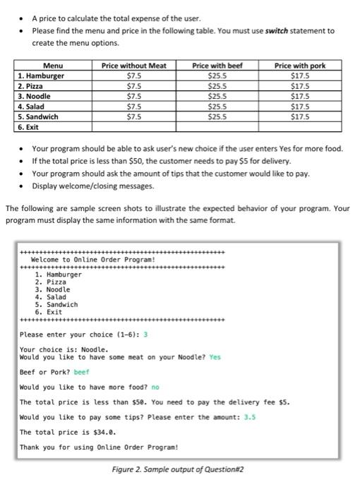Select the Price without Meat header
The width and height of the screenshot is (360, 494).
click(134, 66)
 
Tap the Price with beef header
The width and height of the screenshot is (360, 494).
click(217, 66)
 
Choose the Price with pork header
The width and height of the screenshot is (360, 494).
click(300, 66)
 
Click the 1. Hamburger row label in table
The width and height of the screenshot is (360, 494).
click(41, 76)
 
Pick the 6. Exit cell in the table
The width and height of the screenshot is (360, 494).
click(28, 127)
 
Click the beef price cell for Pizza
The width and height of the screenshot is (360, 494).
click(217, 85)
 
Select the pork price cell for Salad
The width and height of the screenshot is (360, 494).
click(300, 106)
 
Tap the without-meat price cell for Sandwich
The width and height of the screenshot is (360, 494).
click(133, 116)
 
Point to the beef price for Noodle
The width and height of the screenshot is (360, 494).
click(217, 96)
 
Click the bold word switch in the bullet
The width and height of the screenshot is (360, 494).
click(289, 31)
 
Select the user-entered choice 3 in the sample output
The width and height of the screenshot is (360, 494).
click(145, 334)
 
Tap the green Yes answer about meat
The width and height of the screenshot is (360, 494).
click(215, 357)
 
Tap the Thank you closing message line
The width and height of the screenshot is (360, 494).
click(98, 447)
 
